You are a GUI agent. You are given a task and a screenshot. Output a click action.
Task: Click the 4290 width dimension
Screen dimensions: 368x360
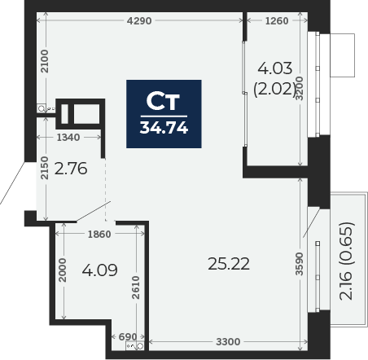[139, 20]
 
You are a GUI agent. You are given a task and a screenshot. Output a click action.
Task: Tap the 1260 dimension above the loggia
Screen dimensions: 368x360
[277, 20]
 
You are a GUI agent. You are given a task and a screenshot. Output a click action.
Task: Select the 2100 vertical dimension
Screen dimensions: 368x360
[44, 61]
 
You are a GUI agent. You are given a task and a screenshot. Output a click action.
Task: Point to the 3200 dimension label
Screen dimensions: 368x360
[299, 89]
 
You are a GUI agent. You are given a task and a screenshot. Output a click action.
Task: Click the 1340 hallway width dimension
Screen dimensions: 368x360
[68, 138]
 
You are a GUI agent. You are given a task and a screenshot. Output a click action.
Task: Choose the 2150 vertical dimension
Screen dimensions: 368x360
[44, 168]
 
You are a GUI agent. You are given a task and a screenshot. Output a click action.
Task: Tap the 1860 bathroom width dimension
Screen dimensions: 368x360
[99, 234]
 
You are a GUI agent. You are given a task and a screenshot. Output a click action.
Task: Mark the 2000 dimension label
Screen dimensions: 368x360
[63, 270]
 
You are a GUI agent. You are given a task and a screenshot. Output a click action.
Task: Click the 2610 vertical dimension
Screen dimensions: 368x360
[135, 288]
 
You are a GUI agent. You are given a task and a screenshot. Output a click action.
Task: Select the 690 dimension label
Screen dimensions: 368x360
[128, 337]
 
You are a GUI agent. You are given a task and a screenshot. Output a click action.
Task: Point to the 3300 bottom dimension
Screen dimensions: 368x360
[228, 341]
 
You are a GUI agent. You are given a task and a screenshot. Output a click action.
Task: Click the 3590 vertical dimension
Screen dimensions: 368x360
[299, 264]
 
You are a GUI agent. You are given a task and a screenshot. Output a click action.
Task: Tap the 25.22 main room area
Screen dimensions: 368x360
[229, 264]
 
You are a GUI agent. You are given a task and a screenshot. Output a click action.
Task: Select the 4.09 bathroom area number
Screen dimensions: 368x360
[100, 270]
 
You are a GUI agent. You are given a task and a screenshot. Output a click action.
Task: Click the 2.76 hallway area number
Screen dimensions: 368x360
[71, 169]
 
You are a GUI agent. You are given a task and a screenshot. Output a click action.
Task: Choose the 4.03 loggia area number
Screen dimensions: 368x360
[275, 68]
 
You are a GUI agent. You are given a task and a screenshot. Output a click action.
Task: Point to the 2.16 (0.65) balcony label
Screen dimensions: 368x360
[347, 261]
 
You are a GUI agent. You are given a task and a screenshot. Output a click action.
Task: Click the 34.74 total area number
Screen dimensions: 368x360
[164, 127]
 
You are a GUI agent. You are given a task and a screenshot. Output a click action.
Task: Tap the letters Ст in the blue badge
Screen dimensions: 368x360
[163, 101]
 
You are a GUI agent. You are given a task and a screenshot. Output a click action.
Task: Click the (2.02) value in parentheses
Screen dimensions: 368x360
[274, 89]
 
